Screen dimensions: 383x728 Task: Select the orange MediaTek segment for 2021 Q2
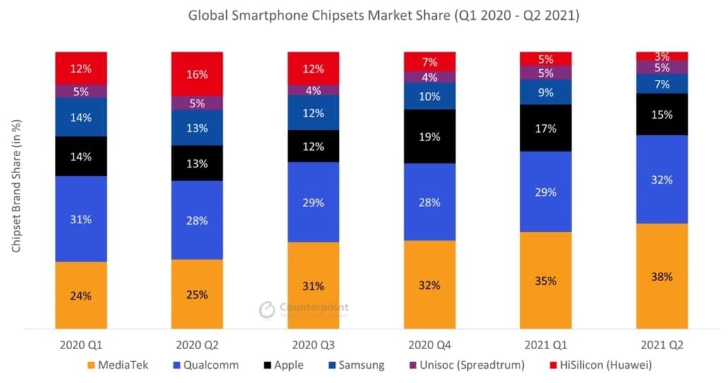662,276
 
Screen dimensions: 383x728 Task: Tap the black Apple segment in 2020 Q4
430,136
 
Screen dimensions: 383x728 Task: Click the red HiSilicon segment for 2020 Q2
197,73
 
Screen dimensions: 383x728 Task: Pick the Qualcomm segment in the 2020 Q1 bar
81,219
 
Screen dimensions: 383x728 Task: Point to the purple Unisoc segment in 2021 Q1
546,73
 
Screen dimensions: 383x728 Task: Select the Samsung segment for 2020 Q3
313,113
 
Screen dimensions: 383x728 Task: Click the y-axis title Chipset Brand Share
16,188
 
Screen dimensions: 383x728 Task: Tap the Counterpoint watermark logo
266,310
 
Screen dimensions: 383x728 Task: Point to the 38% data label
662,276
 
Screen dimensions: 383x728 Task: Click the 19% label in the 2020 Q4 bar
430,136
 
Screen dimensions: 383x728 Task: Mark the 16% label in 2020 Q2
197,73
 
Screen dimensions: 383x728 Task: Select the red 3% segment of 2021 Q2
662,56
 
